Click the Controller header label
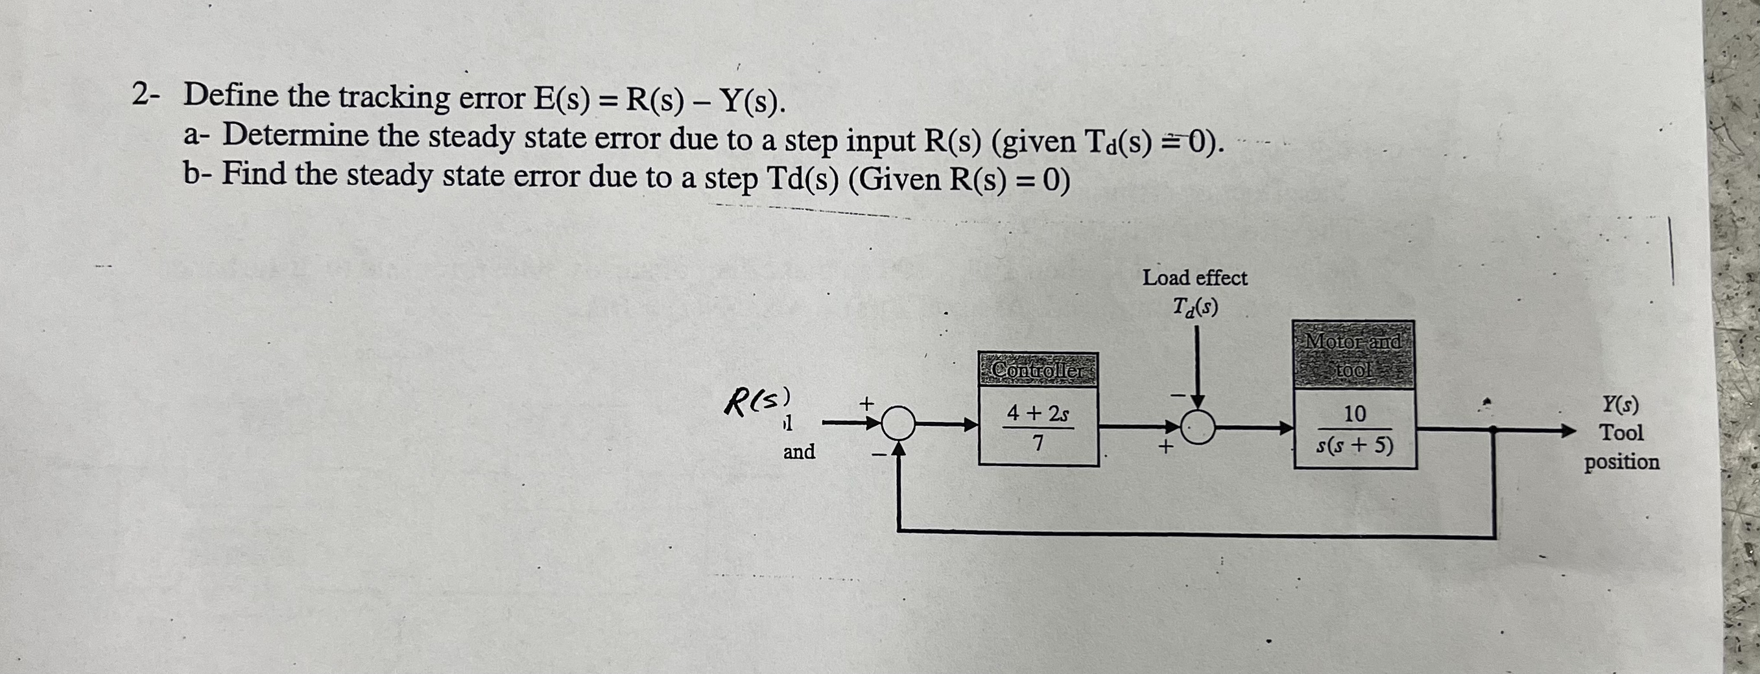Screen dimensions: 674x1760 point(1038,370)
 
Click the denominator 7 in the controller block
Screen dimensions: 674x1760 point(1037,445)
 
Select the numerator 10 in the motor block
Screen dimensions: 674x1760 point(1354,414)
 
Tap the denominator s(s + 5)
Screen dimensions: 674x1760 point(1354,446)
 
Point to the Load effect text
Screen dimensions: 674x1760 point(1195,278)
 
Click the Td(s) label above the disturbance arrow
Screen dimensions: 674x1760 point(1195,307)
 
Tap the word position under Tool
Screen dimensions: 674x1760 point(1621,462)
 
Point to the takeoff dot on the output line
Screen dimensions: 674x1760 point(1494,430)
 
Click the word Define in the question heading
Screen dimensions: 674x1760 point(232,96)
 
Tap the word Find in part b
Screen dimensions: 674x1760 point(254,174)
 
